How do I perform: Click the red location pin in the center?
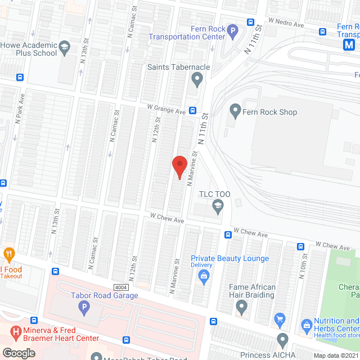(179, 167)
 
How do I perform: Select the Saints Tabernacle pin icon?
(197, 81)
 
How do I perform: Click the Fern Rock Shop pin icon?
(235, 112)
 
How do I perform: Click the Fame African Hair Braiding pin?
(242, 307)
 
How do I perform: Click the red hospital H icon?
(15, 333)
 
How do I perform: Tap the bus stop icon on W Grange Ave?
(192, 111)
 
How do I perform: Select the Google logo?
(19, 353)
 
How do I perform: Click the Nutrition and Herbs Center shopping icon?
(306, 325)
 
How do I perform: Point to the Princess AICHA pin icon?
(283, 340)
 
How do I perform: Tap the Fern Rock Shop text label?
(269, 112)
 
